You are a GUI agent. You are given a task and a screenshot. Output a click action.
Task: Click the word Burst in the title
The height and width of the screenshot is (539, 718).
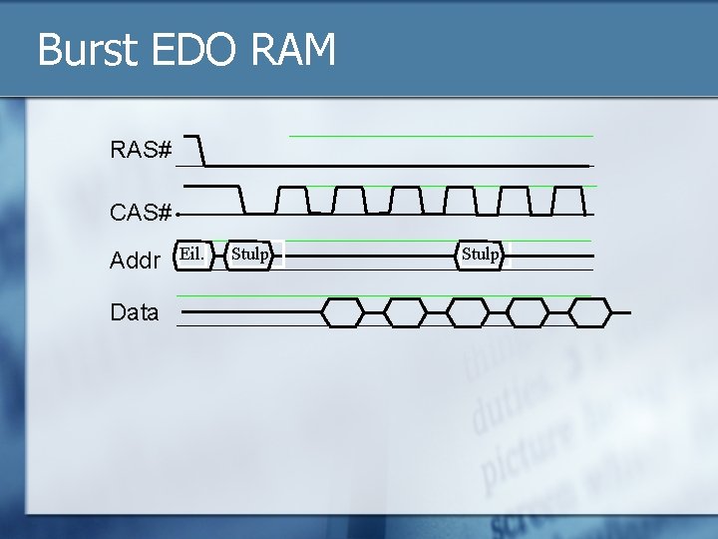(86, 50)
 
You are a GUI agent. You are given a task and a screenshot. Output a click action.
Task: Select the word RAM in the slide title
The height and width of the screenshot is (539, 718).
(292, 50)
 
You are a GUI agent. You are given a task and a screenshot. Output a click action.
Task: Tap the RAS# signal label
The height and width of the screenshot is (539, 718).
(141, 151)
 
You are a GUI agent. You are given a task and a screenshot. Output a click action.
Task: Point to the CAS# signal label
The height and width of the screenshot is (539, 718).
(141, 213)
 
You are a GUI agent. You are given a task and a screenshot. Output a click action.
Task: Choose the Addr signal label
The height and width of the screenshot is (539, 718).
(135, 262)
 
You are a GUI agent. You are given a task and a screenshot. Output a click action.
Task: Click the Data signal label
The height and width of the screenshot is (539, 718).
(135, 312)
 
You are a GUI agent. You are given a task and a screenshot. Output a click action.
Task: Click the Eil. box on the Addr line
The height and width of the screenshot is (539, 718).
(192, 255)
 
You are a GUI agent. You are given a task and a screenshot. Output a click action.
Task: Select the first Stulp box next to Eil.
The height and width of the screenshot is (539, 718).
(249, 255)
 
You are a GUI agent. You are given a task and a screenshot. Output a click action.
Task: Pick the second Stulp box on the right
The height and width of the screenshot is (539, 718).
(481, 255)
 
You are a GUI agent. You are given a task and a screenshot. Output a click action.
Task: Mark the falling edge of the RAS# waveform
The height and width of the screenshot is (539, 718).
(201, 151)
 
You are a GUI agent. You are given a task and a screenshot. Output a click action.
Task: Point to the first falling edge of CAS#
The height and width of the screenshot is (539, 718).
(242, 199)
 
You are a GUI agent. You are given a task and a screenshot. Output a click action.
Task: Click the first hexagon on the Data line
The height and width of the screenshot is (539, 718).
(342, 312)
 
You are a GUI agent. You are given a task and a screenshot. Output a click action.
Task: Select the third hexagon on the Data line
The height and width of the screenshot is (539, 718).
(467, 312)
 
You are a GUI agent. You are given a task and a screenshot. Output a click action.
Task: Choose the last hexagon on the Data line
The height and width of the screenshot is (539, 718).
(589, 312)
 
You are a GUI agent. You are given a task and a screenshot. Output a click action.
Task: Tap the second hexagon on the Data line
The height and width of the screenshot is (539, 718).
(404, 312)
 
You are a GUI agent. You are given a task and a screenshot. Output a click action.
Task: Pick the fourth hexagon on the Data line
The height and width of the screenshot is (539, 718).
(528, 312)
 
